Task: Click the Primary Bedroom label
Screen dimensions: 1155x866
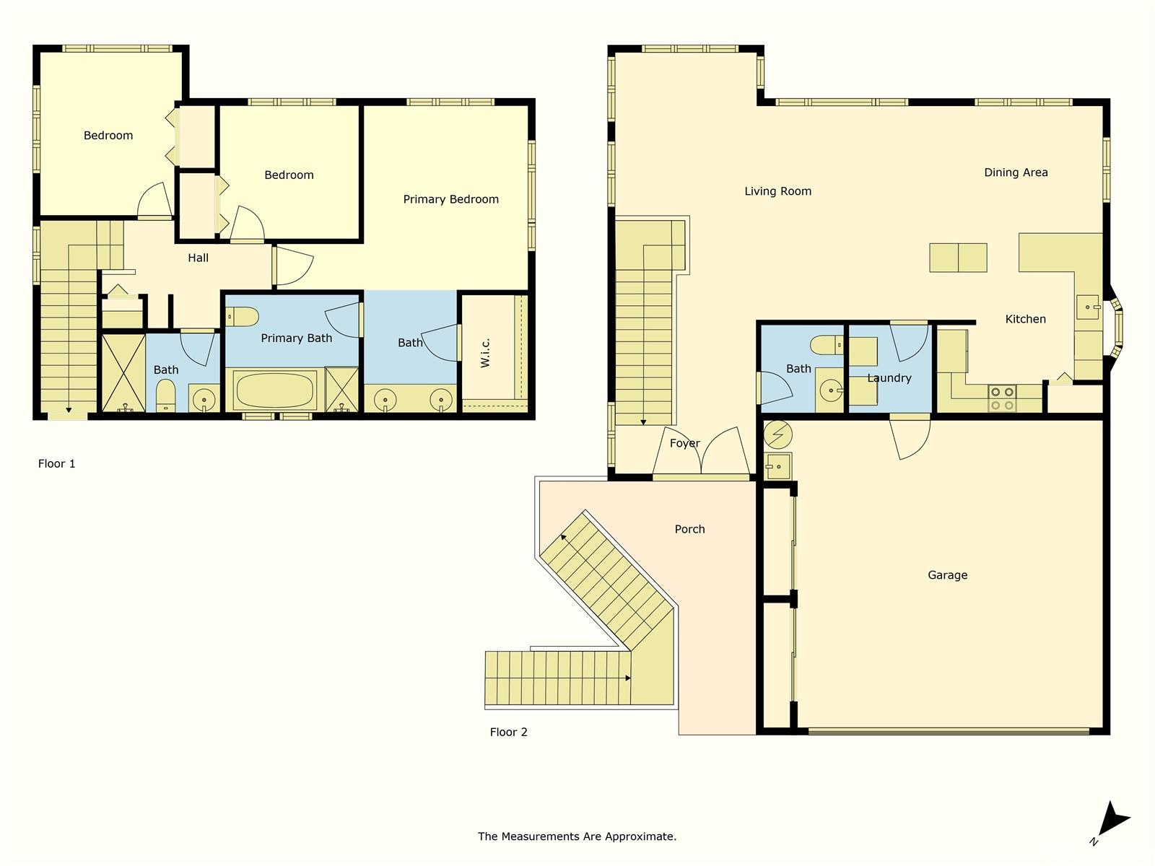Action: click(x=450, y=199)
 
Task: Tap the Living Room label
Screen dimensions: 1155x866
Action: click(x=777, y=191)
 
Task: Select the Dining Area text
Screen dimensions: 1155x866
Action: click(x=1016, y=172)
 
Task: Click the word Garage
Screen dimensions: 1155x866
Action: click(x=947, y=575)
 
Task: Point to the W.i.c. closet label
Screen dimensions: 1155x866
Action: click(x=485, y=353)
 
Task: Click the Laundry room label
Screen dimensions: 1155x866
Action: click(x=889, y=378)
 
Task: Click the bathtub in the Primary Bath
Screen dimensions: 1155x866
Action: click(x=275, y=390)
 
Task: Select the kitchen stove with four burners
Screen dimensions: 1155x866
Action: click(x=1002, y=398)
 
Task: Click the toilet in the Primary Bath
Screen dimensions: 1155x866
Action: click(x=242, y=317)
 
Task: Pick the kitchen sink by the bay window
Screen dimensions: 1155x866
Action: click(x=1088, y=307)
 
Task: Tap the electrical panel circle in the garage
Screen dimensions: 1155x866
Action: click(x=777, y=434)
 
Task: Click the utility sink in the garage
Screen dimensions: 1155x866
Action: click(x=777, y=466)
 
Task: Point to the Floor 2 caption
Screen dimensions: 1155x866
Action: click(x=508, y=732)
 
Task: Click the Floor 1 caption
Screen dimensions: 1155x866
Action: click(x=56, y=464)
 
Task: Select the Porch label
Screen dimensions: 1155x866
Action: click(x=689, y=529)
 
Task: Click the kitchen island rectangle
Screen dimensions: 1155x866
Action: click(x=958, y=258)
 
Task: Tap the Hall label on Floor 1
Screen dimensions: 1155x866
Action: click(x=198, y=258)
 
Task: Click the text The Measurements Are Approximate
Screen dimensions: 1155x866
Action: click(x=577, y=836)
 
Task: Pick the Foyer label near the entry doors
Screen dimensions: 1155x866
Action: click(x=684, y=443)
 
